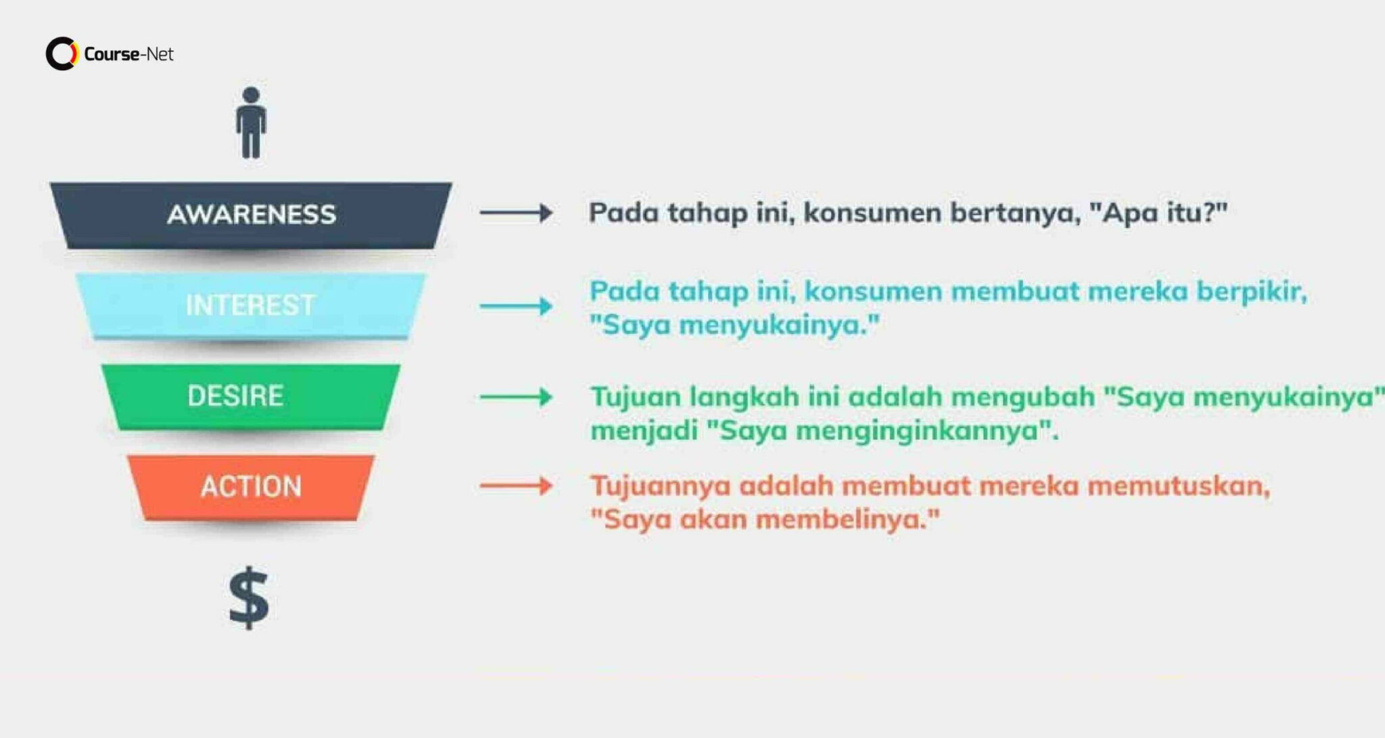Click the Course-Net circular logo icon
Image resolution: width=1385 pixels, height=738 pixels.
click(62, 53)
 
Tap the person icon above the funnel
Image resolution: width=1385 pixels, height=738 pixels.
click(251, 123)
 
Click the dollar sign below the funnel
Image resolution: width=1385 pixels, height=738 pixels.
click(249, 597)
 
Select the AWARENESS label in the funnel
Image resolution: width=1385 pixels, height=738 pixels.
click(251, 214)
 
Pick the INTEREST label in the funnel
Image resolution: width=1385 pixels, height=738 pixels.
click(250, 305)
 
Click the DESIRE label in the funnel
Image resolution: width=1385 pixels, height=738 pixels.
click(235, 395)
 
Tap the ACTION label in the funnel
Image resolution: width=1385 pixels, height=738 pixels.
click(251, 486)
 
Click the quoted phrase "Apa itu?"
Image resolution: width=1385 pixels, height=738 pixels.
click(1158, 213)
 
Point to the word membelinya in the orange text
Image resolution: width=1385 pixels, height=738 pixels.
click(847, 520)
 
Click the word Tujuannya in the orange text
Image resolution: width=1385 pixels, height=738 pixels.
click(660, 486)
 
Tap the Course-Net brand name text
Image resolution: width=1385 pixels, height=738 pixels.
click(128, 54)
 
